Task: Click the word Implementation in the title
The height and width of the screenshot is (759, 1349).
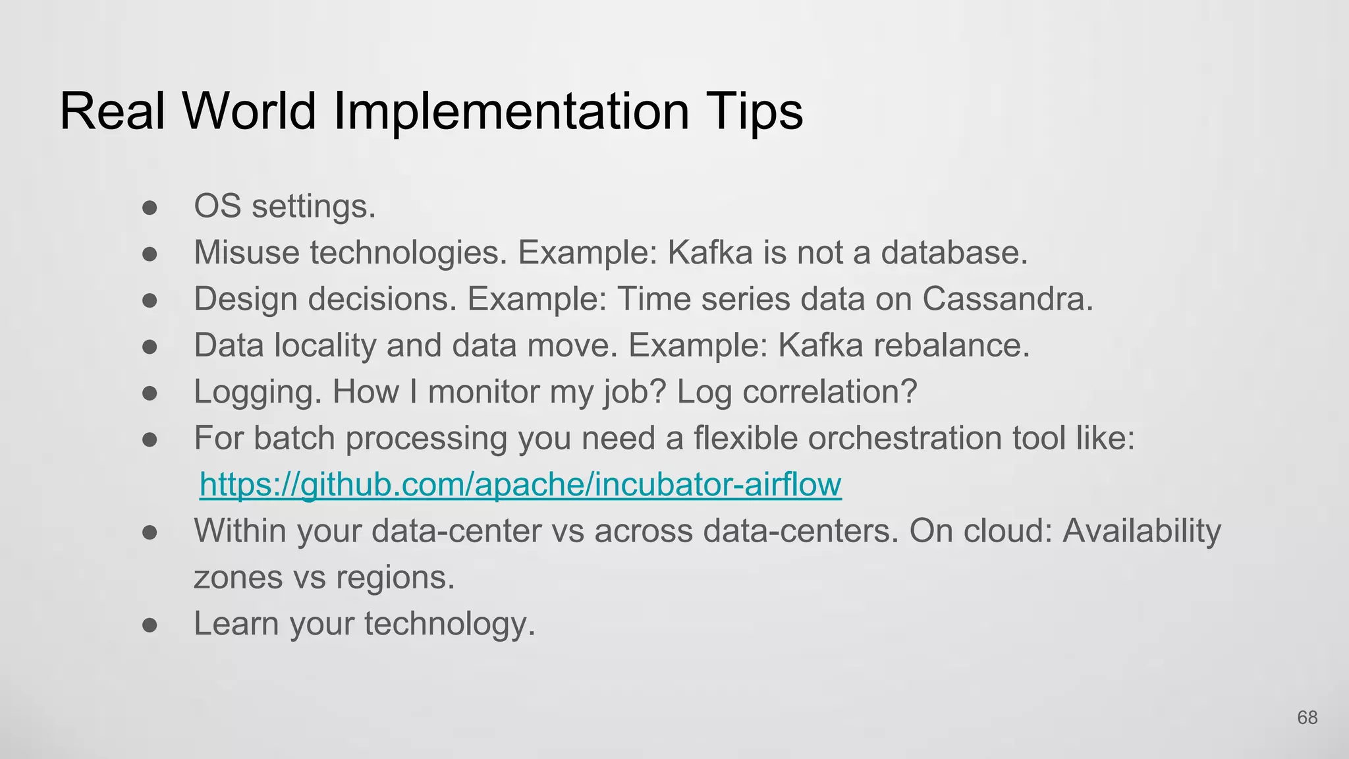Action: click(x=511, y=111)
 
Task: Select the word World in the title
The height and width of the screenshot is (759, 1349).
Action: click(x=249, y=111)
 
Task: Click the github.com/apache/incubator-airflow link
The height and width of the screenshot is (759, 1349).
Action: click(x=520, y=484)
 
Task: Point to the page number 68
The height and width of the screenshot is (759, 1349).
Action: click(x=1307, y=717)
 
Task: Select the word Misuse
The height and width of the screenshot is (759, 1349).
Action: click(x=246, y=252)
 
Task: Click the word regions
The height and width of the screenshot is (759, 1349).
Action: click(x=395, y=577)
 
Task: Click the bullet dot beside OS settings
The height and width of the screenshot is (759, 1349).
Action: click(x=150, y=208)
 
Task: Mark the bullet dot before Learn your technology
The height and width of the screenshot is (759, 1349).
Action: click(x=150, y=625)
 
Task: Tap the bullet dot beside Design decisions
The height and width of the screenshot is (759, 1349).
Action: click(x=150, y=300)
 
